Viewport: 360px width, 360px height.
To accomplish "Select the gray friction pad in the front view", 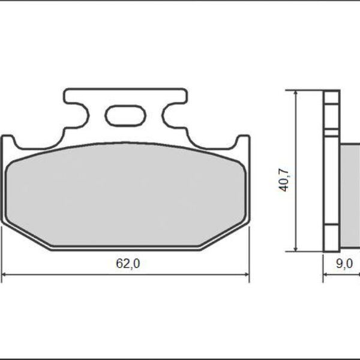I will tap(125, 195).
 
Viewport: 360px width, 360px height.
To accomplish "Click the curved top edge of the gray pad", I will tap(125, 143).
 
